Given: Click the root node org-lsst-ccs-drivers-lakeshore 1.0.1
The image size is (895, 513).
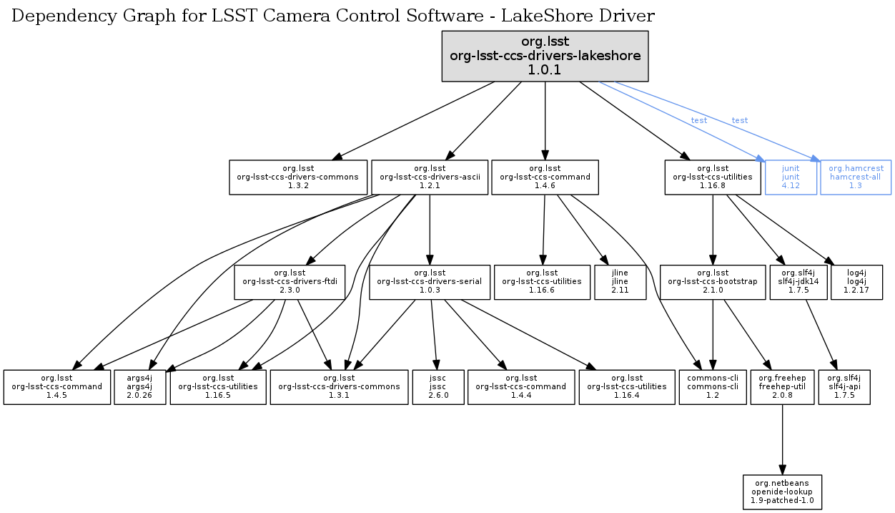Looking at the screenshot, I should (545, 55).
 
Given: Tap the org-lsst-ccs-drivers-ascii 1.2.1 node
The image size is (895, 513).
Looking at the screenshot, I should (429, 177).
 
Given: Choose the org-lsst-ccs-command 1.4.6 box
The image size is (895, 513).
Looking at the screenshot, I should (545, 177).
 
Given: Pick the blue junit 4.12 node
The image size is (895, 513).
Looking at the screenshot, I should (790, 177).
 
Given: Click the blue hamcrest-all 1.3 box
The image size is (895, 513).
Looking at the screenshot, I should (856, 177).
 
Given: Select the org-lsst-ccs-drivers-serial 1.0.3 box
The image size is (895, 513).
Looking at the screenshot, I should (429, 282).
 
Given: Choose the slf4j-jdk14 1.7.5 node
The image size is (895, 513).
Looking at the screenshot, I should (798, 282).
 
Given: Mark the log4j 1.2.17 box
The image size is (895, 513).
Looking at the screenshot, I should (856, 282).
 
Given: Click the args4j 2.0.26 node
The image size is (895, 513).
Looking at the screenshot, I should (140, 386).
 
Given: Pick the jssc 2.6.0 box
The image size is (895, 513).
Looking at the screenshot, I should (438, 386).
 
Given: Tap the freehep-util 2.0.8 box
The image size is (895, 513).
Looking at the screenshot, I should (782, 386).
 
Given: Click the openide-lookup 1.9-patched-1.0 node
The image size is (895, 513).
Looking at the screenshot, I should (782, 492).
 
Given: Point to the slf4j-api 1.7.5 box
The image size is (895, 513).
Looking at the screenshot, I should (844, 386).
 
